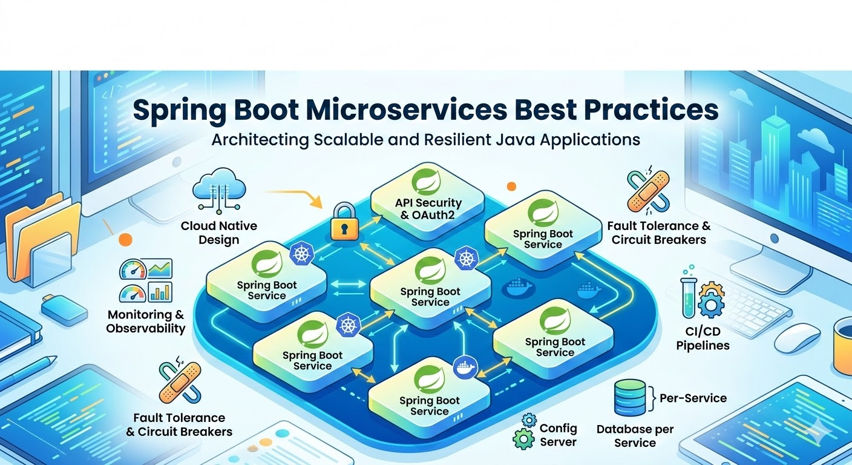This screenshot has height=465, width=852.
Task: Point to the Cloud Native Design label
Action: tap(218, 232)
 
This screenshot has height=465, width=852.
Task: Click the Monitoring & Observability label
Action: tap(146, 322)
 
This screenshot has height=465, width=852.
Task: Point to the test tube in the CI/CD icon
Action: tap(689, 298)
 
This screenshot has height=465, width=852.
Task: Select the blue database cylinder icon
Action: tap(631, 397)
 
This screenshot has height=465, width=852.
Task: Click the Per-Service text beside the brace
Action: tap(693, 398)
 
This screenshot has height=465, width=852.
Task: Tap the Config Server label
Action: tap(558, 435)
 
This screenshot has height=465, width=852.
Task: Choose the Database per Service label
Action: tap(635, 436)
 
